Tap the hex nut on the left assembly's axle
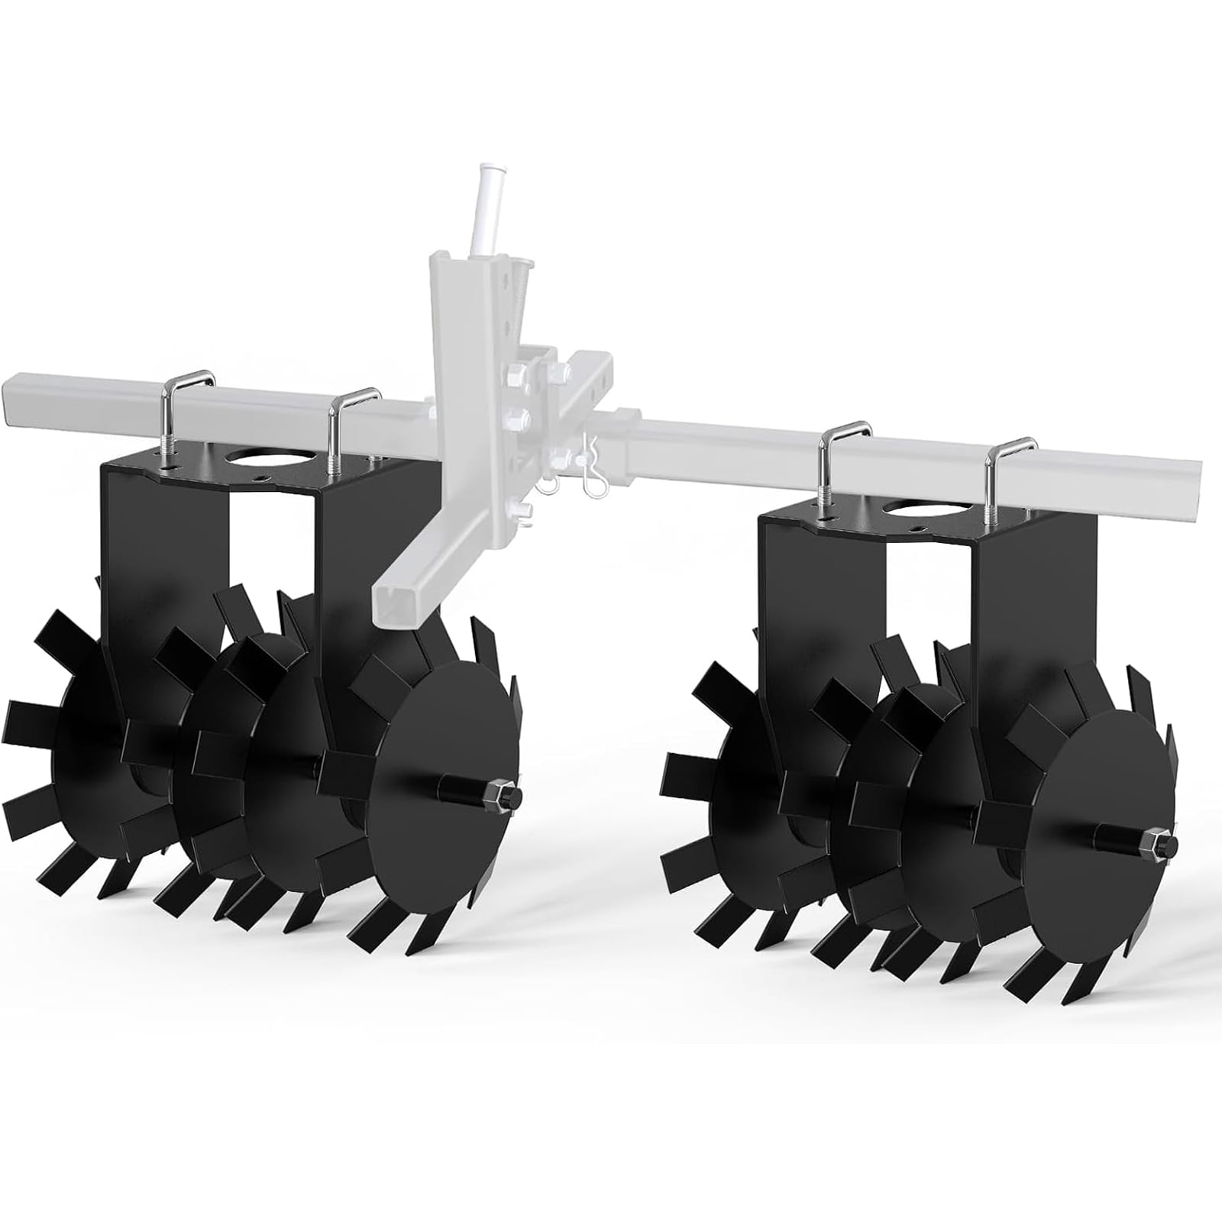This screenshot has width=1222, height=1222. coord(509,796)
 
